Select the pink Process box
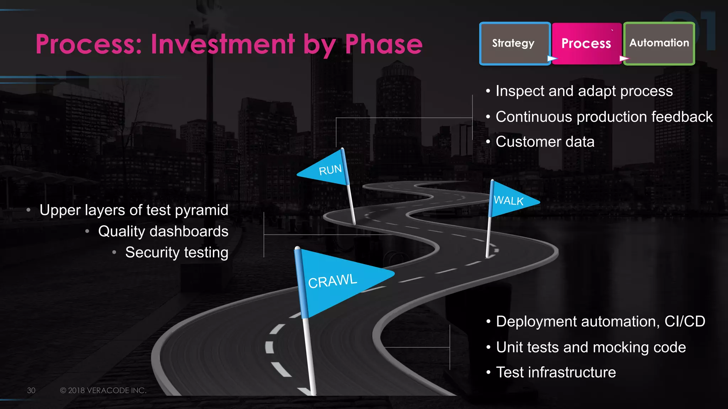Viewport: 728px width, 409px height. coord(586,43)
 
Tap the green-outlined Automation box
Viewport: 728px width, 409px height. coord(659,43)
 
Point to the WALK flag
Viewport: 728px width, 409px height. coord(510,201)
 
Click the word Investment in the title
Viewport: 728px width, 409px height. coord(223,44)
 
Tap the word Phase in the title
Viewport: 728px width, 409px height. coord(384,44)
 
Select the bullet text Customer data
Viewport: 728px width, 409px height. coord(545,142)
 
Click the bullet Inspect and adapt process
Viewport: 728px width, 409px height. coord(584,91)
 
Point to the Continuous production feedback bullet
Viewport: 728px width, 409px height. coord(604,117)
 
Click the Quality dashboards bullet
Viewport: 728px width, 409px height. coord(163,231)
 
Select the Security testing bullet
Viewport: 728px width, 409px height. coord(177,252)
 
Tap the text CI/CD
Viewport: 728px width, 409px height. coord(685,321)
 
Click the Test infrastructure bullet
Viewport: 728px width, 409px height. coord(556,372)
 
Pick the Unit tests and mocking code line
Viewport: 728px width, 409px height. coord(590,347)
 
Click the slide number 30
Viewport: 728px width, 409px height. coord(31,391)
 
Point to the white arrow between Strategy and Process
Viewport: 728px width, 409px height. coord(552,58)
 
